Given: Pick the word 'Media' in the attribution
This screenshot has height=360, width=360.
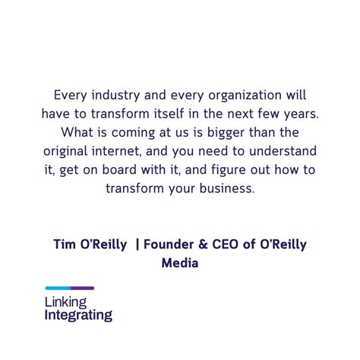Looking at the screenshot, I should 180,263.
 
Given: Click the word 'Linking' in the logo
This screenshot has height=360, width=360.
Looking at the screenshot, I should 66,302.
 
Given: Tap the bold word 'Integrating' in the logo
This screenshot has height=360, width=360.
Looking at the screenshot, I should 78,314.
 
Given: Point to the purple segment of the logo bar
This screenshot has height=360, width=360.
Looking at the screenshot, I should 82,288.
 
